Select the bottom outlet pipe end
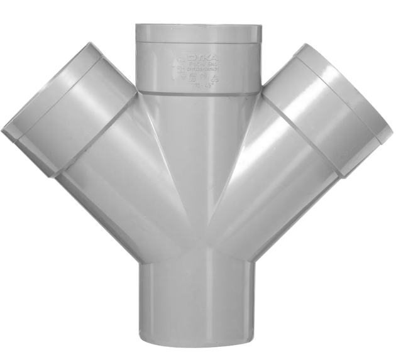point(198,314)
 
